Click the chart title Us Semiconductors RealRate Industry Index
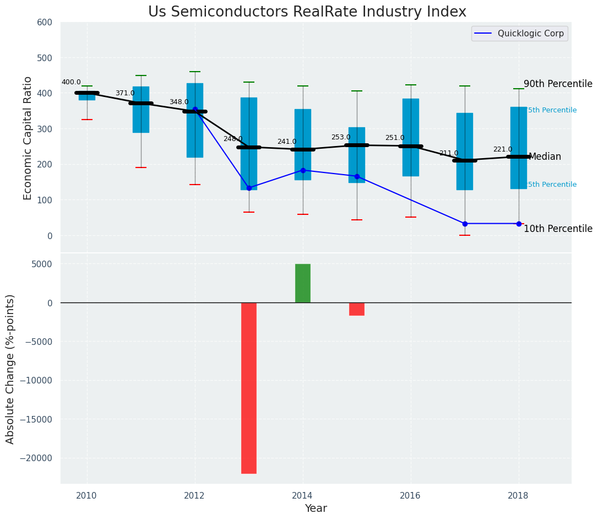click(307, 12)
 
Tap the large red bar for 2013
click(249, 388)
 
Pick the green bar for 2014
click(303, 283)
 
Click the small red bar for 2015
click(357, 309)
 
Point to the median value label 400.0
click(71, 83)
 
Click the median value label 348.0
click(179, 102)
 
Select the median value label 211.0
click(449, 154)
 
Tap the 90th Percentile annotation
click(558, 84)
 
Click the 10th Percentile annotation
click(558, 229)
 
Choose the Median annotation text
click(545, 157)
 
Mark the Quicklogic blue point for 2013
click(249, 188)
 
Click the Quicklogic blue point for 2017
click(465, 224)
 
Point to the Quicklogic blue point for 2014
click(303, 170)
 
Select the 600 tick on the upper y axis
click(45, 23)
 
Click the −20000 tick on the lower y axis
click(36, 458)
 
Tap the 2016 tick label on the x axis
click(410, 496)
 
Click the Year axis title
click(316, 509)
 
